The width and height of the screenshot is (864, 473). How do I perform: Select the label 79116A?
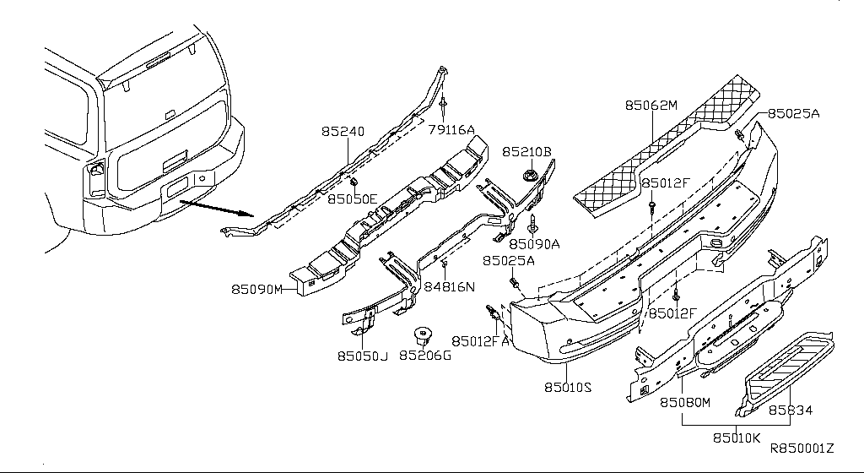coord(451,129)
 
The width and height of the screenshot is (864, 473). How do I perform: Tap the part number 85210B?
coord(526,152)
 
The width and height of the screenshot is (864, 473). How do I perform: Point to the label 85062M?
coord(651,106)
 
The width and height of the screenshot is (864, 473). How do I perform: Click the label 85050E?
coord(353,200)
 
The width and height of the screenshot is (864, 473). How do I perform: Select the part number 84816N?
coord(449,287)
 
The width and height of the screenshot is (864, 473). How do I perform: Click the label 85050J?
coord(363,356)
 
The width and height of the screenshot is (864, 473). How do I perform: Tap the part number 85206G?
coord(424,356)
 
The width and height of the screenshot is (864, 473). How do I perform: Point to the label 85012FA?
coord(480,341)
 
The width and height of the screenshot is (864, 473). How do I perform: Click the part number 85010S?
coord(568,388)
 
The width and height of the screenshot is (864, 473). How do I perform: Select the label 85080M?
coord(685,403)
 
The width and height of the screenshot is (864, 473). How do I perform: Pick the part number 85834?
coord(790,410)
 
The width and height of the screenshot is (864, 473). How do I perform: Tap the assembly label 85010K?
coord(737,438)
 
